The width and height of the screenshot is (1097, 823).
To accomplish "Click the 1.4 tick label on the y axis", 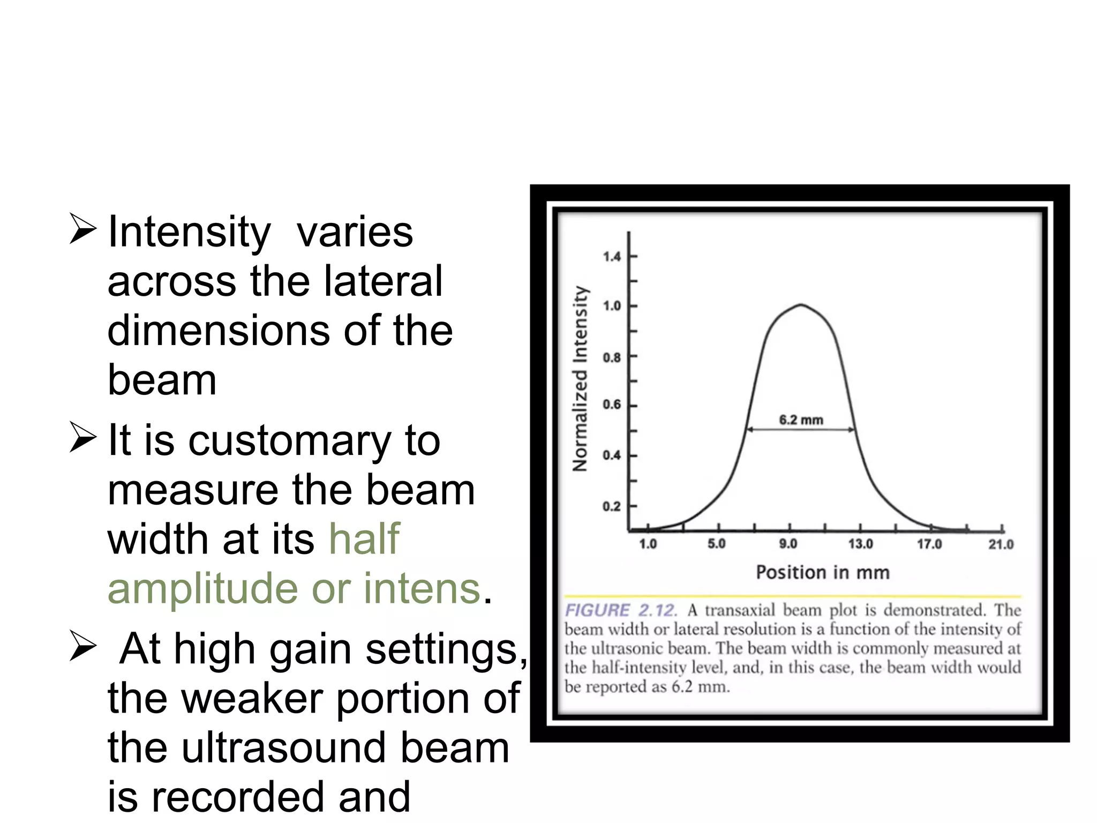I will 611,257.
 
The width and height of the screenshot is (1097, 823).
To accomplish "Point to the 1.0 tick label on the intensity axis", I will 611,306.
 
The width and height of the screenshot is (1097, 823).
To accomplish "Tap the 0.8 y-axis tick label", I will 611,357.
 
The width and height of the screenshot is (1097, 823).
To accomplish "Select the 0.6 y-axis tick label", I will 611,405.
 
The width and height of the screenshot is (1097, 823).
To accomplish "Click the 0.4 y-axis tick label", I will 611,455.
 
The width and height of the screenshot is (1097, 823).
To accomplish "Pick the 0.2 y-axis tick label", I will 611,506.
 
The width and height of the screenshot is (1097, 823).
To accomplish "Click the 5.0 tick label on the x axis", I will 717,544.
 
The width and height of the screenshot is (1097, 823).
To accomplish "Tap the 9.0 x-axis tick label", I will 788,544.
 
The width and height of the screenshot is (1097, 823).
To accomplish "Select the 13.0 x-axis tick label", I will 860,544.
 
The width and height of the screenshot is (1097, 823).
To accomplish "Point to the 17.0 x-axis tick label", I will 929,544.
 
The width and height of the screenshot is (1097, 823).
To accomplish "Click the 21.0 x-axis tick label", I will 1001,544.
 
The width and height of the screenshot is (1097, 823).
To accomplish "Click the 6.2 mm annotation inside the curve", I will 801,420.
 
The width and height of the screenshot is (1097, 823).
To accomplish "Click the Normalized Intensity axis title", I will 580,378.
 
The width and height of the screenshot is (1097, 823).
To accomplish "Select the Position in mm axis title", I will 823,573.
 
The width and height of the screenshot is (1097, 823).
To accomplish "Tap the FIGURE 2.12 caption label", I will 620,610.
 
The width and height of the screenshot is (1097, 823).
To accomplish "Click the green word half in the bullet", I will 364,539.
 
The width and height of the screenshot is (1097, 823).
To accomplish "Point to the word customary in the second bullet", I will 289,442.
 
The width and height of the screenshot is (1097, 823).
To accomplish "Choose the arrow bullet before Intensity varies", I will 82,230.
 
